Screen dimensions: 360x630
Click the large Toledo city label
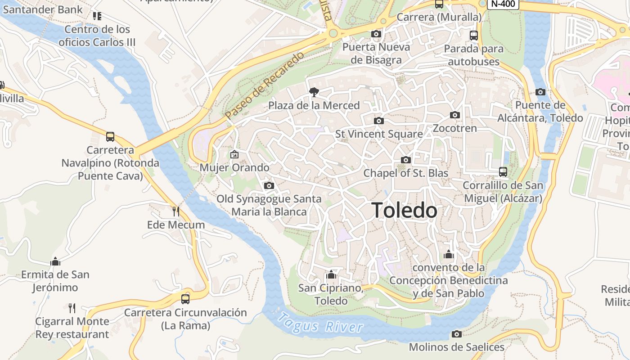click(x=404, y=210)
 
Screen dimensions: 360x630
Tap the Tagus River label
click(x=320, y=323)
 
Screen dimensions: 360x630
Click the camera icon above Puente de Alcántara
click(x=540, y=92)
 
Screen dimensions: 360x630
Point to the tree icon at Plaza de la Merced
click(x=314, y=92)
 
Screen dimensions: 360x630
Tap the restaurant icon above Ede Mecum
click(x=176, y=211)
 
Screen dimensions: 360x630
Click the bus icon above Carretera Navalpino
click(x=110, y=136)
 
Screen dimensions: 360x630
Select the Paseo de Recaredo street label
click(x=265, y=85)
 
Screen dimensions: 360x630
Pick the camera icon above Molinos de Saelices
click(x=457, y=334)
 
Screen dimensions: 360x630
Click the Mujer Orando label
click(x=234, y=168)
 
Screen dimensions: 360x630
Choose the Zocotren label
click(x=454, y=128)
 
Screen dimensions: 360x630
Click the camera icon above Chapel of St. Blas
click(x=406, y=160)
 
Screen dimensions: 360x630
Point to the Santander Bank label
click(x=42, y=9)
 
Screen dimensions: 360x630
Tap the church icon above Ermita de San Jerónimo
click(x=55, y=261)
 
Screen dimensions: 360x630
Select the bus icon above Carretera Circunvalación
click(x=185, y=299)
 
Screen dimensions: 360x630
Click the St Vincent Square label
click(x=379, y=134)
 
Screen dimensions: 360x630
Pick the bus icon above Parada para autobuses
click(x=473, y=35)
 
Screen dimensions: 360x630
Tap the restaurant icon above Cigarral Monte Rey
click(x=72, y=308)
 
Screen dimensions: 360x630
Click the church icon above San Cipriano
click(x=331, y=274)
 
